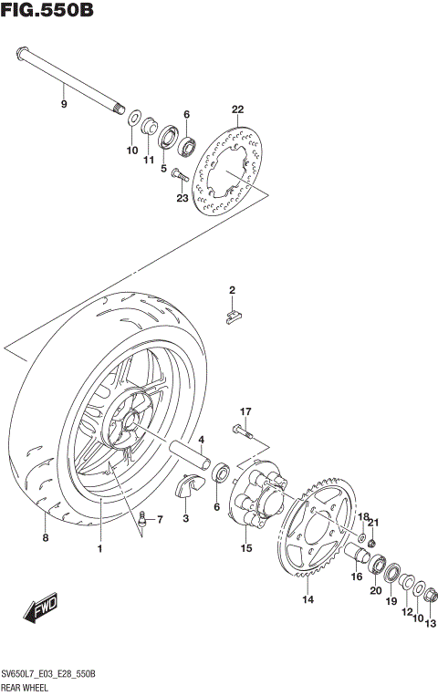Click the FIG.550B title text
click(x=47, y=12)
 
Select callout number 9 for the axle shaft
click(x=64, y=105)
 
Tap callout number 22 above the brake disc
click(x=237, y=110)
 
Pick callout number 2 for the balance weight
click(x=232, y=291)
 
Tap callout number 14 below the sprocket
click(x=308, y=599)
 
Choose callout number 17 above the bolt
click(x=245, y=411)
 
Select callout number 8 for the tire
click(x=45, y=538)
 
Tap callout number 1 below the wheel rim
click(x=100, y=549)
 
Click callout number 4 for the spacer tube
click(x=201, y=440)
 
